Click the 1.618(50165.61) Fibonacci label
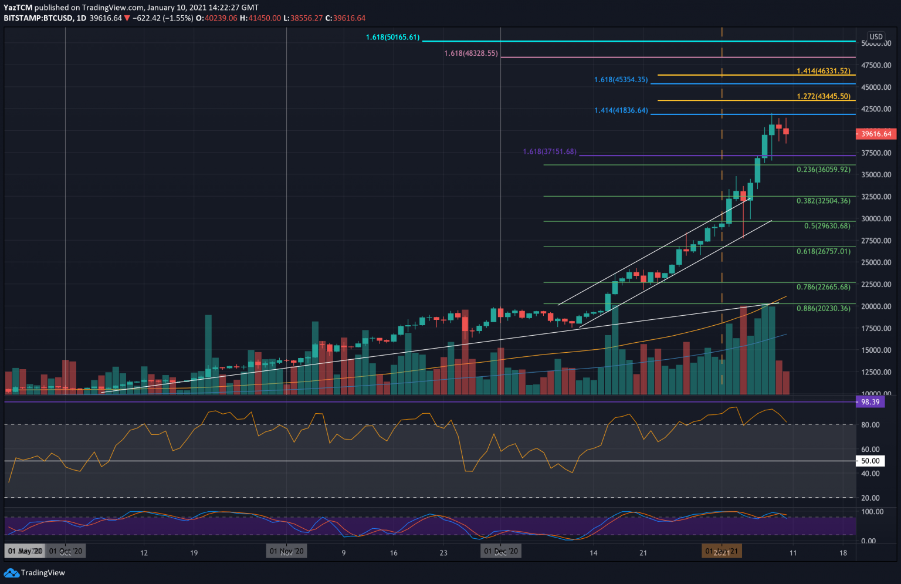coord(392,38)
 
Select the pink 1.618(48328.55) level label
coord(471,53)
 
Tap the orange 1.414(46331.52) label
coord(823,71)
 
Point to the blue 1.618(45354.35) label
coord(621,80)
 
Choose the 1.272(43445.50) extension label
coord(823,96)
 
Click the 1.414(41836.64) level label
coord(621,110)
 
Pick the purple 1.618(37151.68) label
coord(550,152)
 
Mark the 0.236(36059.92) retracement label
coord(823,170)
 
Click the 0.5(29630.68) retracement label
coord(827,226)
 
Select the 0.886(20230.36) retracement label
coord(823,308)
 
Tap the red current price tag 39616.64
coord(875,134)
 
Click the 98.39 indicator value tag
coord(870,402)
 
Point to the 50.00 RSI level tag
coord(870,461)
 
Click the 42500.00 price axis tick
coord(876,109)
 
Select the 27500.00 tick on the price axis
coord(876,241)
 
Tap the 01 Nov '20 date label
coord(286,552)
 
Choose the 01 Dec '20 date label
coord(500,552)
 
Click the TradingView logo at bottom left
coord(35,573)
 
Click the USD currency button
coord(876,36)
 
